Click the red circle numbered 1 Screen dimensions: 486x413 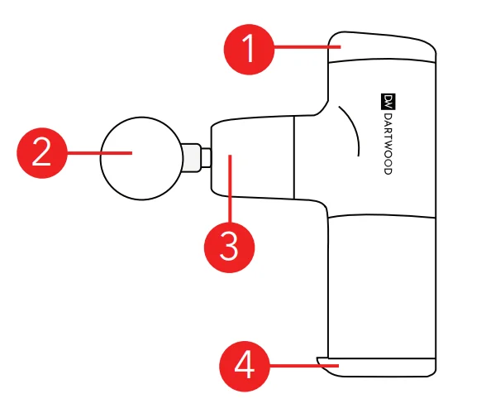pyautogui.click(x=250, y=50)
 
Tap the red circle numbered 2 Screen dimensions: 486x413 pyautogui.click(x=42, y=153)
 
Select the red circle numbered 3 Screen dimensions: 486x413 pyautogui.click(x=230, y=247)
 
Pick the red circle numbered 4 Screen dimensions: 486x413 pyautogui.click(x=245, y=366)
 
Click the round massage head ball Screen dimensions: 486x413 pyautogui.click(x=141, y=159)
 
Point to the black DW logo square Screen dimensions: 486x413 pyautogui.click(x=388, y=102)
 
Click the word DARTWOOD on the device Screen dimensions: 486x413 pyautogui.click(x=388, y=144)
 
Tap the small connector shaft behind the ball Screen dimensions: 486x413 pyautogui.click(x=196, y=157)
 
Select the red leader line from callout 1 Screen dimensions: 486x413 pyautogui.click(x=307, y=47)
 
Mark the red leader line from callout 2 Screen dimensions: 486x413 pyautogui.click(x=99, y=152)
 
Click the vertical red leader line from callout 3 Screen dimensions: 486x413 pyautogui.click(x=230, y=189)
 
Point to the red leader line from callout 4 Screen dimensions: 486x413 pyautogui.click(x=304, y=366)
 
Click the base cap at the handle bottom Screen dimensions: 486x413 pyautogui.click(x=376, y=367)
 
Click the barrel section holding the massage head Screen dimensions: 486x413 pyautogui.click(x=252, y=157)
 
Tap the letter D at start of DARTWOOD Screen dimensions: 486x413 pyautogui.click(x=388, y=116)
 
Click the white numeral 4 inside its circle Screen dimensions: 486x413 pyautogui.click(x=245, y=366)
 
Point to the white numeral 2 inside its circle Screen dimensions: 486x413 pyautogui.click(x=41, y=151)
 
